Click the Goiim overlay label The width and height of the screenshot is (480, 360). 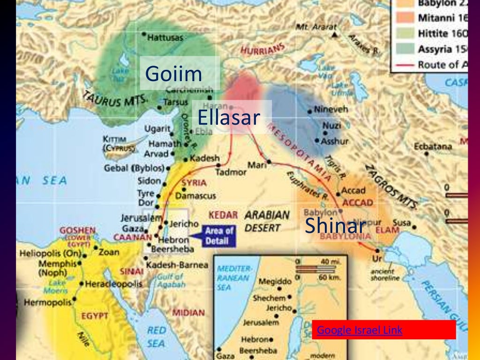[x=173, y=74]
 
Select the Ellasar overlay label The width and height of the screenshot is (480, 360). [x=228, y=117]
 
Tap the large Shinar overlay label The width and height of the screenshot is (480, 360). [x=335, y=225]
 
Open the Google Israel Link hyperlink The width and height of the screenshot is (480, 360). [x=360, y=330]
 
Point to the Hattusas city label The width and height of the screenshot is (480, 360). [x=165, y=38]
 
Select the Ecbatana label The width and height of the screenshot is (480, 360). [x=432, y=146]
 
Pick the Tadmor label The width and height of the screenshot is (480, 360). [x=230, y=172]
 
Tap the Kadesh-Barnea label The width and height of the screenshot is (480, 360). [x=177, y=265]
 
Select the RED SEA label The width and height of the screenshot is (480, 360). [x=157, y=337]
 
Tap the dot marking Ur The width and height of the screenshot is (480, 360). [x=377, y=251]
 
